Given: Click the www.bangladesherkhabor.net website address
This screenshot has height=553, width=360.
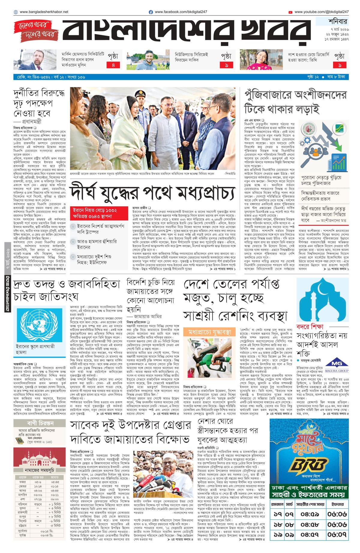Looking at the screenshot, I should (44, 12).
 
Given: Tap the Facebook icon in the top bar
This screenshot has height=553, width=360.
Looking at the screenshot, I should (151, 12).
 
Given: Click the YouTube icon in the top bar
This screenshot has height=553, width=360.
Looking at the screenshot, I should (290, 12).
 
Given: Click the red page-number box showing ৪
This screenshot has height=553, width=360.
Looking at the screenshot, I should (113, 65).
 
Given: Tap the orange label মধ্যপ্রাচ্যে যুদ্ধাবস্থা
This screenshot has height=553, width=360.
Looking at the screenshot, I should (210, 332).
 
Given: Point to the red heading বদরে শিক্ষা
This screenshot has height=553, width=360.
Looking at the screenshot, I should (310, 326).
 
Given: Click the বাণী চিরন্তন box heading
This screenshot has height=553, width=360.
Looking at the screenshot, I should (40, 423).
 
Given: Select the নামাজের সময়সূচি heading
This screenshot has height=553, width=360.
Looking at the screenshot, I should (39, 470).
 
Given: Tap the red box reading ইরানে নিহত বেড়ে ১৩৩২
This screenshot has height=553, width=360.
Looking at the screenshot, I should (99, 213).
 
